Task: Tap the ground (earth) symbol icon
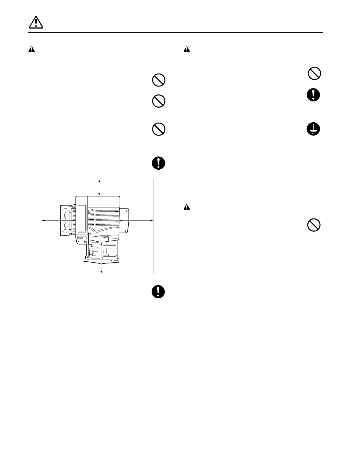click(x=313, y=129)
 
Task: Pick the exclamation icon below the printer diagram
click(x=158, y=292)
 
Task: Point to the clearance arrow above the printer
click(x=99, y=187)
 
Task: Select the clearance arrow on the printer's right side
click(x=136, y=220)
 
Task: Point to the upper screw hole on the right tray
click(x=125, y=211)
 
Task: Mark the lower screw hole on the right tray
click(x=125, y=231)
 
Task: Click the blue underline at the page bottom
click(x=58, y=464)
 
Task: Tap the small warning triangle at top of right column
click(x=187, y=50)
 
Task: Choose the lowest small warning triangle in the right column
click(x=187, y=207)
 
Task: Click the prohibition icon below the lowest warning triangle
click(x=314, y=226)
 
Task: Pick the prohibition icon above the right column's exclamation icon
click(x=314, y=73)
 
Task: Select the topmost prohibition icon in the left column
click(x=158, y=80)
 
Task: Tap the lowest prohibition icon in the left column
click(x=158, y=129)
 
